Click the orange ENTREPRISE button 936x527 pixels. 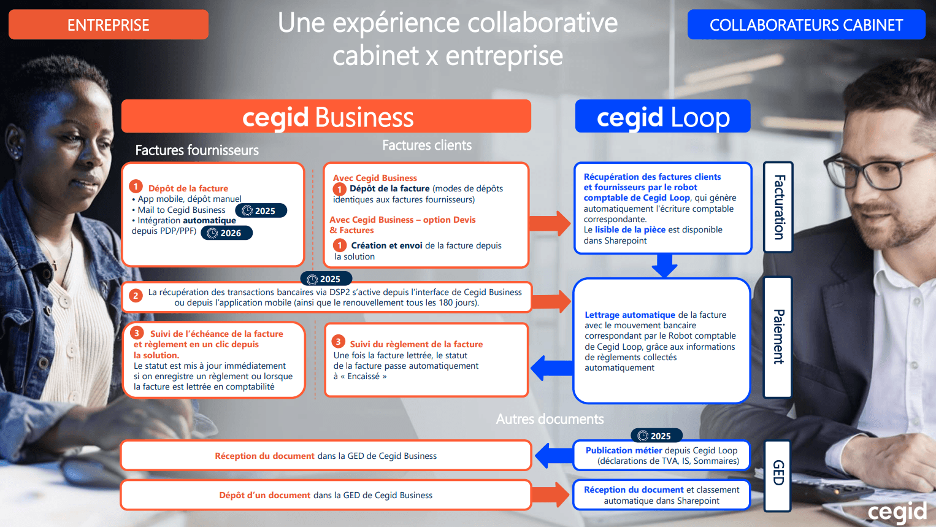pyautogui.click(x=108, y=25)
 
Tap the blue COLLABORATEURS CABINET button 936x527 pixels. pyautogui.click(x=806, y=25)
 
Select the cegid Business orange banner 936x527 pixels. pyautogui.click(x=326, y=116)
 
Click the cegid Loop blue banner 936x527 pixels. pyautogui.click(x=662, y=116)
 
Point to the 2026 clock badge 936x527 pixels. pyautogui.click(x=226, y=233)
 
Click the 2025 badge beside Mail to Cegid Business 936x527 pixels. pyautogui.click(x=261, y=210)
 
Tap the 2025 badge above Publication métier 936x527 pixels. pyautogui.click(x=656, y=436)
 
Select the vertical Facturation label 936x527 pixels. pyautogui.click(x=778, y=207)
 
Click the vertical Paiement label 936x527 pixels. pyautogui.click(x=778, y=337)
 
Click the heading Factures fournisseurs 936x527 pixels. pyautogui.click(x=197, y=150)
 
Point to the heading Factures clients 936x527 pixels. pyautogui.click(x=427, y=145)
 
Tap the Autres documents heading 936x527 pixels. pyautogui.click(x=550, y=419)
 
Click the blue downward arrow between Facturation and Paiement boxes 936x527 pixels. pyautogui.click(x=664, y=265)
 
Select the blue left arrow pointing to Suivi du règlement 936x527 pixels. pyautogui.click(x=552, y=367)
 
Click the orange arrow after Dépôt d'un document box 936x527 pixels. pyautogui.click(x=550, y=495)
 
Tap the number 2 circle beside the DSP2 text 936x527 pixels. pyautogui.click(x=136, y=296)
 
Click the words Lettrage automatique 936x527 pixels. pyautogui.click(x=630, y=315)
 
